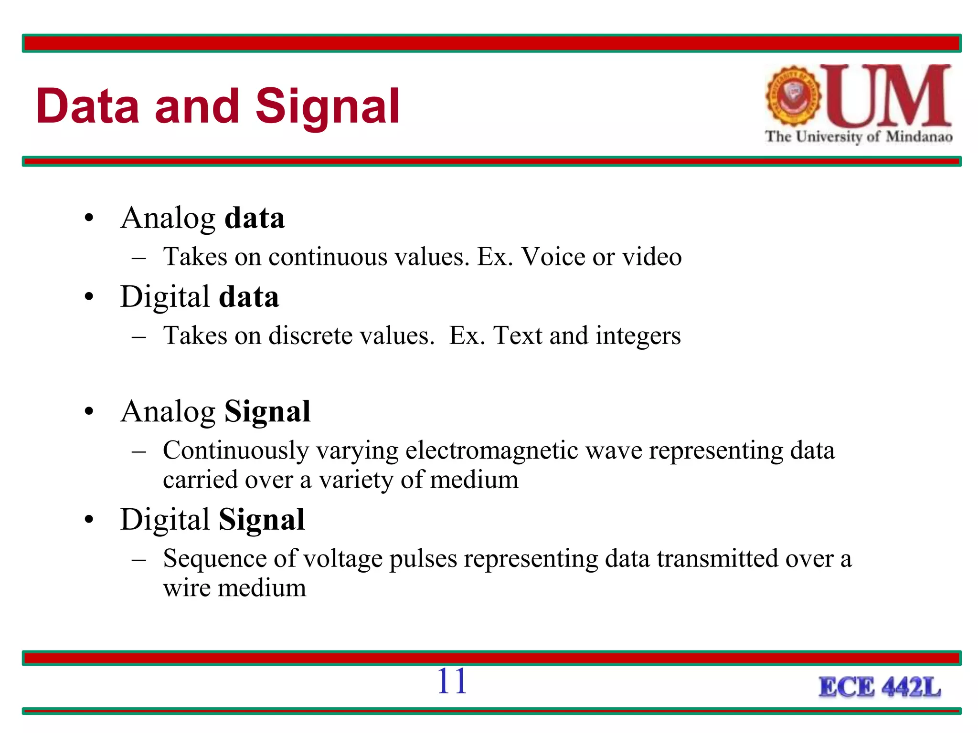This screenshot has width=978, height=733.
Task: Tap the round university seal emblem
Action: click(793, 96)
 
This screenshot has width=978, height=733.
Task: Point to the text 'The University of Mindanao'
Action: click(858, 137)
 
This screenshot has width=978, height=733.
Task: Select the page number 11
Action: click(451, 681)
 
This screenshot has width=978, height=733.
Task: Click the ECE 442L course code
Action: click(880, 688)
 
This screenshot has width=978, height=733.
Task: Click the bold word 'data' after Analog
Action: click(255, 218)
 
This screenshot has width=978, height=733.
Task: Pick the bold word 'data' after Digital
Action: click(249, 297)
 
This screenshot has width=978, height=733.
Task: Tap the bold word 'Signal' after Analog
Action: click(267, 411)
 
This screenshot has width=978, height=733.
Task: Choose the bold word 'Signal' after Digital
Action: click(262, 519)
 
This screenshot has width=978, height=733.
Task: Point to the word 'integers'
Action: click(638, 335)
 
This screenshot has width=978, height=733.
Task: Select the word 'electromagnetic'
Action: click(492, 450)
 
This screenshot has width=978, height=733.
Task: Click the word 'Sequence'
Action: click(214, 559)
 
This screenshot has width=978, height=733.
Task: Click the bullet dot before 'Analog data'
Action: click(89, 219)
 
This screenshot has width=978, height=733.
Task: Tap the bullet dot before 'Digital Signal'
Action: click(89, 520)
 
